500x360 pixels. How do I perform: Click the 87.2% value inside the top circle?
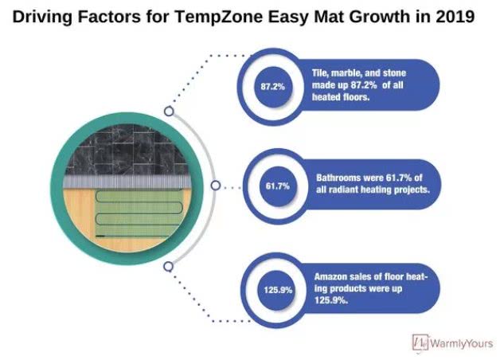point(272,86)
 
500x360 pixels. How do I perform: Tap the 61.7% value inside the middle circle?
point(278,186)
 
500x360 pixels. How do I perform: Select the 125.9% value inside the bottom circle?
point(278,290)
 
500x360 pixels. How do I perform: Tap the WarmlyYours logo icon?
point(420,342)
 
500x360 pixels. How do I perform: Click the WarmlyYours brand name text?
point(462,343)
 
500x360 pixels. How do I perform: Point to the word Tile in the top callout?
point(320,73)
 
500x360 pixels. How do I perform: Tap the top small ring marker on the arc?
point(169,112)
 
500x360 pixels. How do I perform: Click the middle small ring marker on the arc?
point(216,186)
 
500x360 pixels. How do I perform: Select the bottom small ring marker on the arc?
point(168,267)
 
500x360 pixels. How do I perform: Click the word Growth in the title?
point(380,17)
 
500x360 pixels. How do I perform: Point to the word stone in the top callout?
point(394,73)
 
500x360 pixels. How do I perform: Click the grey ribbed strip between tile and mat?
point(127,182)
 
